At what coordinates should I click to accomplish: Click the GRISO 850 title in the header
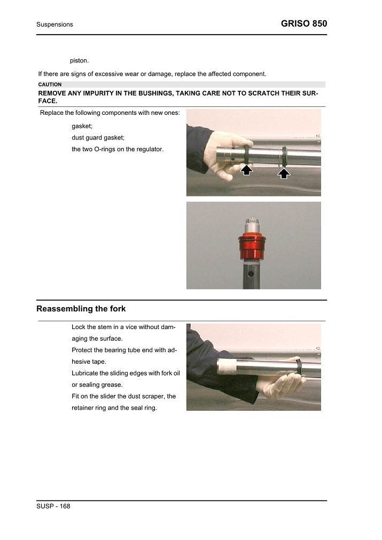click(303, 24)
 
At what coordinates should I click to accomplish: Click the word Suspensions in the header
click(54, 25)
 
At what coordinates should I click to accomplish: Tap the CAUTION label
click(50, 84)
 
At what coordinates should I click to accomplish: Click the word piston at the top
click(79, 60)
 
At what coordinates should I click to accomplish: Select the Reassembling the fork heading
click(81, 309)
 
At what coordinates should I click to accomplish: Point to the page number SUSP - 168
click(53, 506)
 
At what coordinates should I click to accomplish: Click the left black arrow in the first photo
click(246, 170)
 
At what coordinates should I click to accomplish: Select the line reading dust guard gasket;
click(98, 137)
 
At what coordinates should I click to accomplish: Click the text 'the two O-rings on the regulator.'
click(118, 149)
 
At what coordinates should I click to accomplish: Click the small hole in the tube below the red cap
click(251, 273)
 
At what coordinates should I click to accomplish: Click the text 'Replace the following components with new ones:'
click(110, 113)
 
